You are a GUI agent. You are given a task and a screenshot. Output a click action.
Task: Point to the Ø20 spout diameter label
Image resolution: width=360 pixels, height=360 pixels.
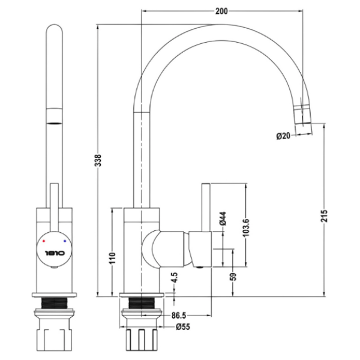[283, 136]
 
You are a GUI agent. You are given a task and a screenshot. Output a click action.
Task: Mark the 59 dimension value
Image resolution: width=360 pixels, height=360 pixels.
[232, 277]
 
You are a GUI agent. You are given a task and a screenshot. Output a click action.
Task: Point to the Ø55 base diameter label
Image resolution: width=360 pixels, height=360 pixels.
[183, 328]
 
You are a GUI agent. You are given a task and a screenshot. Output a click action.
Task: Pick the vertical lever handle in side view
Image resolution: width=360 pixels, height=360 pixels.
[205, 207]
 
